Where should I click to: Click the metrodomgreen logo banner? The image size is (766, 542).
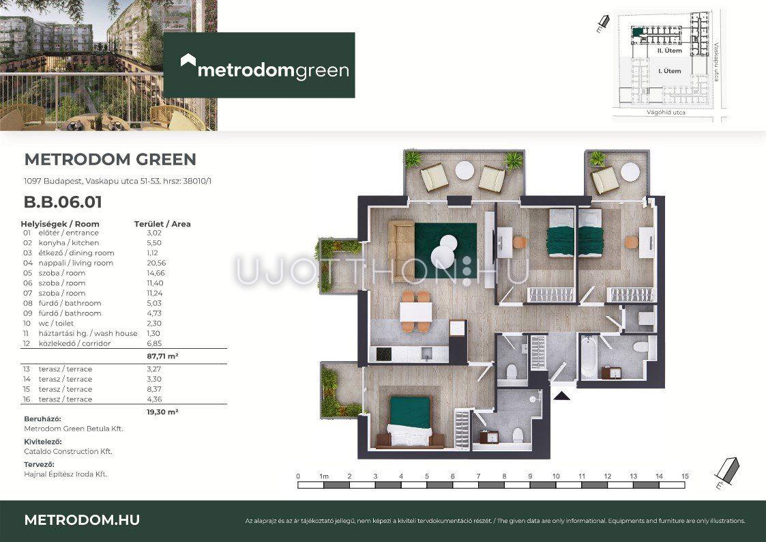[x=259, y=65]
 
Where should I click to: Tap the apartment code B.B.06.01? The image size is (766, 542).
[x=63, y=202]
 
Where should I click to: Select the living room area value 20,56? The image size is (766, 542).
[x=156, y=263]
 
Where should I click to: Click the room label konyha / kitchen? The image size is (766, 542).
[x=69, y=243]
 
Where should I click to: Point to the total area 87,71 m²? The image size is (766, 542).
[x=162, y=356]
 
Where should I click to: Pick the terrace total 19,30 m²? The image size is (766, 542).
[x=162, y=412]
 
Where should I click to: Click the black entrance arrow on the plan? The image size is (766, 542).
[x=562, y=395]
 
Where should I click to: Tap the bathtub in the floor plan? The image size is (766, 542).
[x=589, y=356]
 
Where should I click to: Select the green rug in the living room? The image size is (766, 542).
[x=445, y=251]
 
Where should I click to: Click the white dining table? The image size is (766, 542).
[x=415, y=312]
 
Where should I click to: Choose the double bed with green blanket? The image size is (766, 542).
[x=411, y=421]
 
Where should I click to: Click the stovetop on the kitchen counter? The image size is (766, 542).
[x=383, y=354]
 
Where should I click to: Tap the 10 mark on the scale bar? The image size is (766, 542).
[x=556, y=476]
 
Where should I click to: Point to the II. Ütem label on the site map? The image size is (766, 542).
[x=669, y=51]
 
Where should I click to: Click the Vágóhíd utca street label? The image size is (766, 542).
[x=666, y=113]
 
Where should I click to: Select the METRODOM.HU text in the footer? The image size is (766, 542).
[x=82, y=520]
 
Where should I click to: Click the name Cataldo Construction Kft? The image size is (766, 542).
[x=68, y=452]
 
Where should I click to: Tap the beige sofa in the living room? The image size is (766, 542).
[x=401, y=244]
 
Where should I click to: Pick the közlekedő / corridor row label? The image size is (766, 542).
[x=75, y=343]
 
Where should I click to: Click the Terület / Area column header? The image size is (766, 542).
[x=162, y=224]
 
